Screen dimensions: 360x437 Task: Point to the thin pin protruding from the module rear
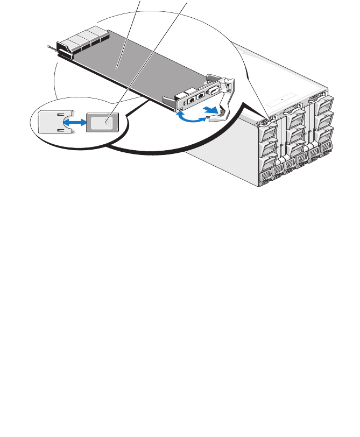(x=52, y=47)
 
